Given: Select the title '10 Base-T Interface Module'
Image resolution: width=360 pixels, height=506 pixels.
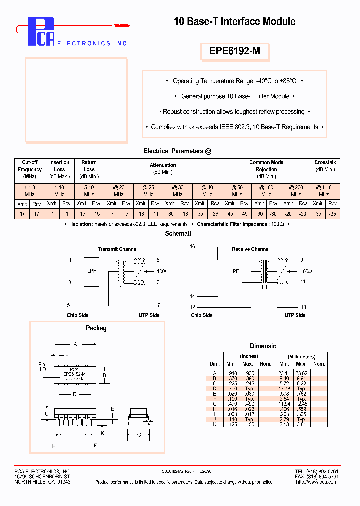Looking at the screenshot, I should click(234, 21).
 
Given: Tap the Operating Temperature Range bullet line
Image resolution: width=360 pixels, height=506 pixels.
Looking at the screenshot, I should click(234, 81).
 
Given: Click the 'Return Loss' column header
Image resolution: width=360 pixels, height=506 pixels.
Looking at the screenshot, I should click(89, 169).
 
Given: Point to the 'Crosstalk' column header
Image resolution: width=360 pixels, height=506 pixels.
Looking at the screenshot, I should click(325, 166).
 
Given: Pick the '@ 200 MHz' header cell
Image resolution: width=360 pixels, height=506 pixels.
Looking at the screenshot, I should click(296, 190).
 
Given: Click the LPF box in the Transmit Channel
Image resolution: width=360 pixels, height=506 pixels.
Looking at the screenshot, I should click(91, 272).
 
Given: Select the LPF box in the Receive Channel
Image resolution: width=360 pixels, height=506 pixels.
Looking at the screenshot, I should click(234, 272).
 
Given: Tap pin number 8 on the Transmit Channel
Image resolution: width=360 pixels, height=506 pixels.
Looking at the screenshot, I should click(158, 260).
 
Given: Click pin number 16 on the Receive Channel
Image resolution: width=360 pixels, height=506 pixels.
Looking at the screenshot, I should click(193, 247).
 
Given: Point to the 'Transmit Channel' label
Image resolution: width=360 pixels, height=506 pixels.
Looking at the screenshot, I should click(117, 249).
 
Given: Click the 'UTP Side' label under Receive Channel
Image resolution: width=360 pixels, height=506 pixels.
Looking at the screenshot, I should click(295, 315).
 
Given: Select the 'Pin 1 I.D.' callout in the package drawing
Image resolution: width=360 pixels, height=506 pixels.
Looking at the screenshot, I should click(44, 367).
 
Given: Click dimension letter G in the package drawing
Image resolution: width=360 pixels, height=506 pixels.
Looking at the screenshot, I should click(139, 435).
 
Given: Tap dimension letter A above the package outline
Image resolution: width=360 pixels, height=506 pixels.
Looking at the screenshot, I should click(75, 344).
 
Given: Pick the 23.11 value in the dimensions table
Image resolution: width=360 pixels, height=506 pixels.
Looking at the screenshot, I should click(284, 373).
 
